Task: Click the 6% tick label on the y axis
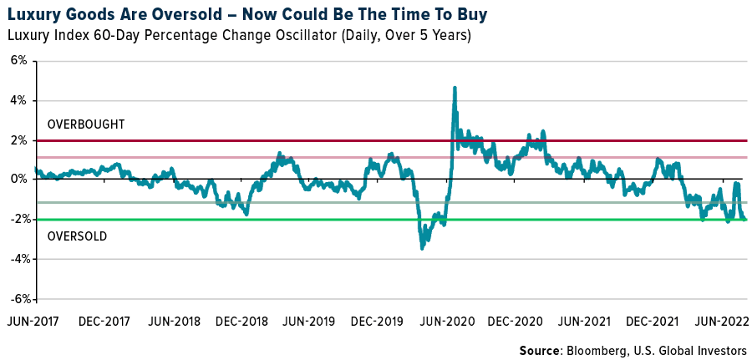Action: pyautogui.click(x=18, y=61)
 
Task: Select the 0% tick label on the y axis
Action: pyautogui.click(x=18, y=180)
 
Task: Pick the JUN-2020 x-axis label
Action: pyautogui.click(x=448, y=322)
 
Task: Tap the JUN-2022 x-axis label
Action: pyautogui.click(x=723, y=322)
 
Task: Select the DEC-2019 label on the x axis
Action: pyautogui.click(x=379, y=322)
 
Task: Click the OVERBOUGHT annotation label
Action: pyautogui.click(x=86, y=124)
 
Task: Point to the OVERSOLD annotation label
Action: pyautogui.click(x=77, y=236)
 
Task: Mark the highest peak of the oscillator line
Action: pyautogui.click(x=454, y=87)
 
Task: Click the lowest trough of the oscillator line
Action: pyautogui.click(x=422, y=248)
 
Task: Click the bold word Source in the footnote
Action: pyautogui.click(x=539, y=350)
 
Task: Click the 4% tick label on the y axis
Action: pyautogui.click(x=18, y=100)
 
